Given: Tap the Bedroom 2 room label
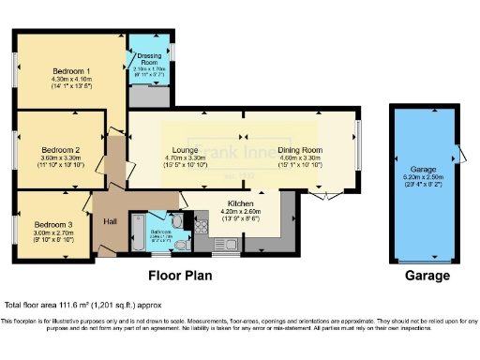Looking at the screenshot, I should click(x=59, y=149).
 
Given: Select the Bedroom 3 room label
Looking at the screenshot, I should click(x=53, y=225).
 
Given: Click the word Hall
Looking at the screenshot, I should click(x=110, y=221).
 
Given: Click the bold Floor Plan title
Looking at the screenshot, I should click(x=180, y=276).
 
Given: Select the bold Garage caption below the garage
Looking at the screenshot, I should click(x=427, y=276).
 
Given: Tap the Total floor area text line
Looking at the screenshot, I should click(x=69, y=306).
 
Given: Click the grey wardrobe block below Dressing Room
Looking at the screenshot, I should click(x=148, y=95).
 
